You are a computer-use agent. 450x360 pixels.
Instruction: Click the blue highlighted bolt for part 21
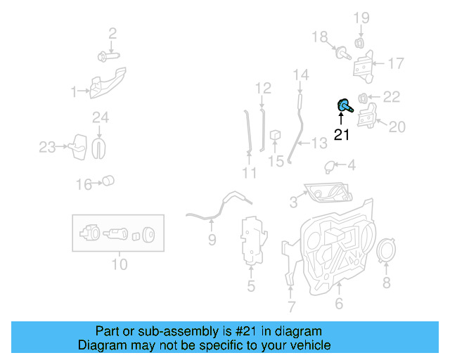[345, 107]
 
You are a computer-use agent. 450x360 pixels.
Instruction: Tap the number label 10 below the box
[119, 264]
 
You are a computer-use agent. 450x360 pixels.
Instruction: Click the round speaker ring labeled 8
[385, 252]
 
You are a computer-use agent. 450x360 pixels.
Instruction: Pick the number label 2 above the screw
[112, 33]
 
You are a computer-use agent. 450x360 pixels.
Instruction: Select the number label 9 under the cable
[212, 240]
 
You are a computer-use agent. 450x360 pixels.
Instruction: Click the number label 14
[300, 75]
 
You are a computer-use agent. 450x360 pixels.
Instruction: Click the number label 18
[319, 37]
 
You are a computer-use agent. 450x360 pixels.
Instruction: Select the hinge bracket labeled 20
[368, 116]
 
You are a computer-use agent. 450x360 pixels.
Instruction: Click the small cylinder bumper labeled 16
[108, 181]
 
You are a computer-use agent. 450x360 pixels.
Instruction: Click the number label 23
[47, 147]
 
